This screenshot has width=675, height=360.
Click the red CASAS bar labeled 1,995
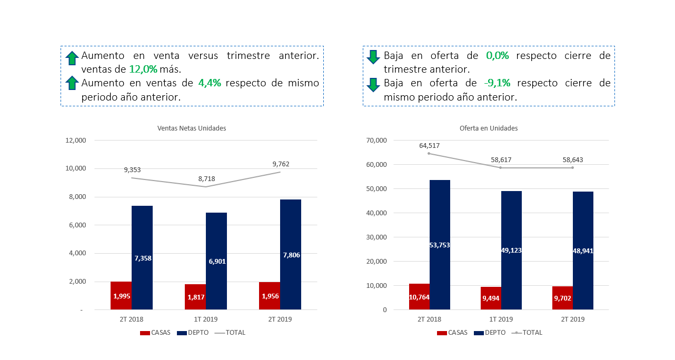pos(121,295)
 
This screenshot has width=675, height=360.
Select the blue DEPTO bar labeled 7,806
pos(291,254)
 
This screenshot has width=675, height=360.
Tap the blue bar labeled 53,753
pos(440,245)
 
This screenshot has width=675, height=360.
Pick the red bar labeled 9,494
pos(491,298)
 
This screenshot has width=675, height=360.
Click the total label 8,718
pos(206,179)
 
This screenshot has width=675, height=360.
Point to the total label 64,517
pos(429,146)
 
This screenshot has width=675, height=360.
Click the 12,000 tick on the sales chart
pos(75,141)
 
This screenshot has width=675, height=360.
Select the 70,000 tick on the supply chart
pos(376,141)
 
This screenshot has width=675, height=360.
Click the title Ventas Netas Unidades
pos(192,128)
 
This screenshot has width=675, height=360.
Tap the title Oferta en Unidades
pos(489,128)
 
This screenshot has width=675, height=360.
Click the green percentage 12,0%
pos(143,69)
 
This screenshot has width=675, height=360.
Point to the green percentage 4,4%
pos(210,83)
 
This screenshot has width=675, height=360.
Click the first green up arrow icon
pos(72,58)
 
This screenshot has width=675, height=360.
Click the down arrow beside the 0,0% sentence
pos(373,57)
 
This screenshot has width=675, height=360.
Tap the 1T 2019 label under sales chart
pos(206,319)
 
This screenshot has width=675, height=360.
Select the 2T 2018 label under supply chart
pos(429,319)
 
